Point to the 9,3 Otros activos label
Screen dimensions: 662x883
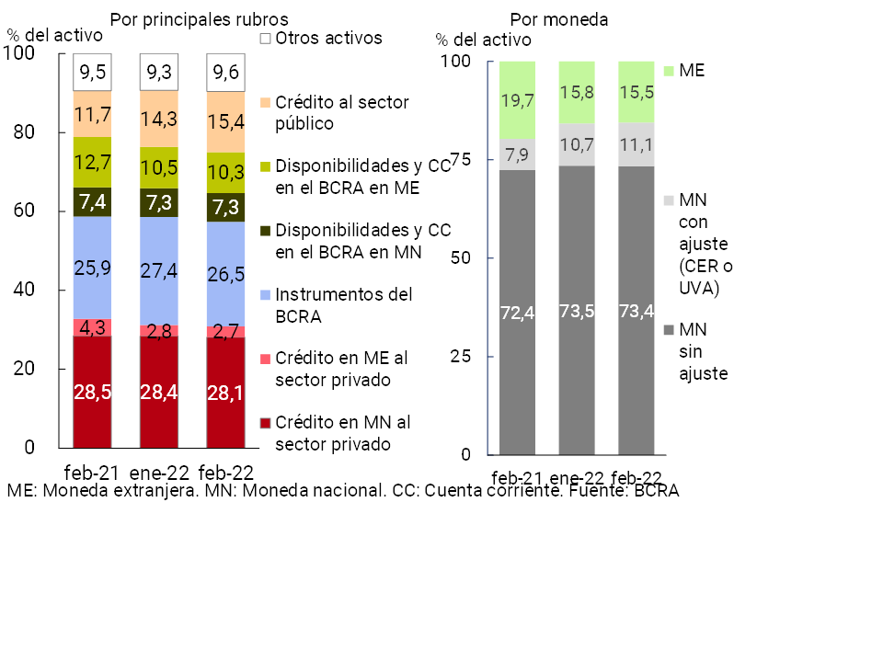coord(159,72)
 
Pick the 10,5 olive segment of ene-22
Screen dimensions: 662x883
coord(159,167)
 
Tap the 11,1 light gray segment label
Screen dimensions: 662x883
coord(636,143)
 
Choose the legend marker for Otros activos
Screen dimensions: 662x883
coord(265,39)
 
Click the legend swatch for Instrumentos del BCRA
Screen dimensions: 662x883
coord(265,296)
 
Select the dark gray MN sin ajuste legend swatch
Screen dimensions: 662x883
coord(669,329)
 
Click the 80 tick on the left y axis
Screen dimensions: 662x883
coord(48,132)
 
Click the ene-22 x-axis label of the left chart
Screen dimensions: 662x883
coord(159,474)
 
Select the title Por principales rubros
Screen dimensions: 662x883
coord(199,18)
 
